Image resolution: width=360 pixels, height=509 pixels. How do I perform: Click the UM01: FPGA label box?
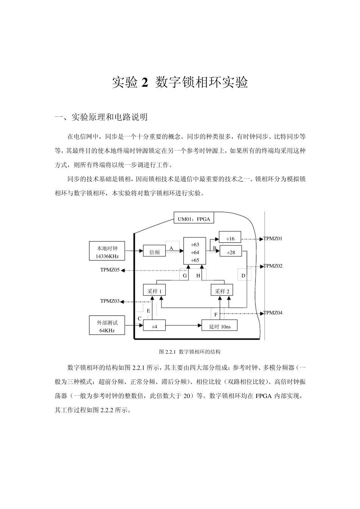[x=194, y=219]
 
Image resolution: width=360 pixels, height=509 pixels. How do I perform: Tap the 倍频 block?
[x=154, y=252]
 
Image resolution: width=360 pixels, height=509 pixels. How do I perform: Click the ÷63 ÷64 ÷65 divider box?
[x=195, y=251]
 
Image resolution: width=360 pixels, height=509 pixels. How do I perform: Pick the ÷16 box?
[x=230, y=239]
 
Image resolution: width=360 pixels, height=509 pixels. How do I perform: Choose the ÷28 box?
[x=230, y=252]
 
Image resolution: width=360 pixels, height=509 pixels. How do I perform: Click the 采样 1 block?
[x=154, y=291]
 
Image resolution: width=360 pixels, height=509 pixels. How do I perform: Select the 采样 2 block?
[x=222, y=291]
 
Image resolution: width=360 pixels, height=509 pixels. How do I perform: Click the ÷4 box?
[x=154, y=326]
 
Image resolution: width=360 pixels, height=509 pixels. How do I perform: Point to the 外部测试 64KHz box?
[x=107, y=326]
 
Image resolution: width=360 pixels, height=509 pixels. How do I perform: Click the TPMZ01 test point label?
[x=273, y=239]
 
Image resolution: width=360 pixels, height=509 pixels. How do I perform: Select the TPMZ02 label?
[x=273, y=266]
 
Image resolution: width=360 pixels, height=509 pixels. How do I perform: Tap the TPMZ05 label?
[x=110, y=270]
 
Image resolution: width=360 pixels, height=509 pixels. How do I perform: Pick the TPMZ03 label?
[x=110, y=301]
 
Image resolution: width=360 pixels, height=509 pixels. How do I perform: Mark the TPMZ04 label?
[x=273, y=313]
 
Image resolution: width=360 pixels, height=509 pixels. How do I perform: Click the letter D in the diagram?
[x=243, y=276]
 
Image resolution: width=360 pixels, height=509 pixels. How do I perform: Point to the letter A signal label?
[x=171, y=248]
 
